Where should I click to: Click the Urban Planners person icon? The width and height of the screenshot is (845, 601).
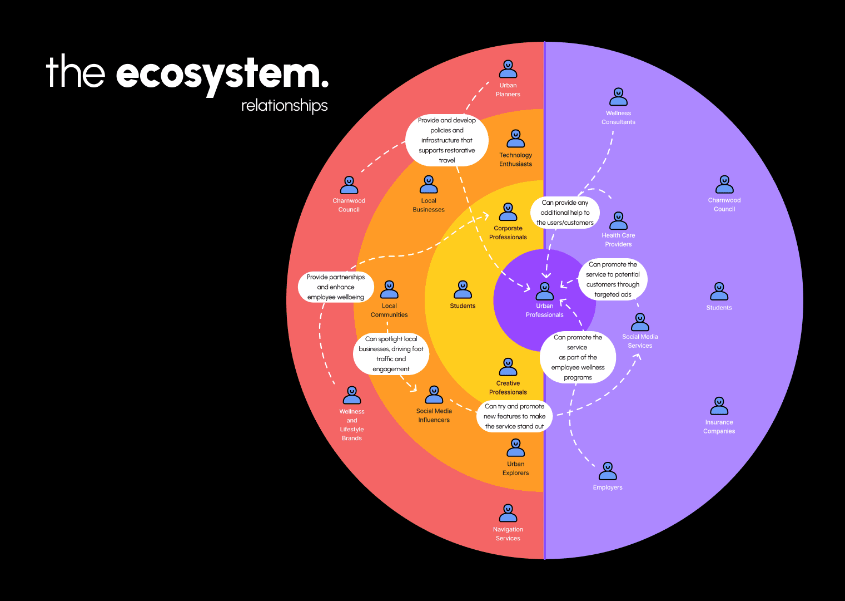(508, 70)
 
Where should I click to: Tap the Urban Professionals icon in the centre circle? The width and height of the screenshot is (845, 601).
(545, 292)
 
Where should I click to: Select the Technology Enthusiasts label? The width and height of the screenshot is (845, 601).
(515, 160)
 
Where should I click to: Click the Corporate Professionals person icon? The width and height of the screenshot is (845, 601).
(508, 212)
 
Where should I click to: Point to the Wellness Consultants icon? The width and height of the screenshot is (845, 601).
(618, 97)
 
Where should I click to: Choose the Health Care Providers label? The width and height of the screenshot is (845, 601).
(618, 240)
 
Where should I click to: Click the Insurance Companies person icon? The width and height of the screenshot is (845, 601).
(719, 406)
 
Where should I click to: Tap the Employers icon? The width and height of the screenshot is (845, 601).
(608, 471)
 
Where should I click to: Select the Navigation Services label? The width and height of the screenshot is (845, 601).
(508, 534)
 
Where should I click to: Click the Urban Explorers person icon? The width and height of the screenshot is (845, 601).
(516, 448)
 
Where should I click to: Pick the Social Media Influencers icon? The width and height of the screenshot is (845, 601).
(434, 395)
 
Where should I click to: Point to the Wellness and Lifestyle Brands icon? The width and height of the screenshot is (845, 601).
(352, 396)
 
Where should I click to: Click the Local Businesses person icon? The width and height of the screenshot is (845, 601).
(429, 185)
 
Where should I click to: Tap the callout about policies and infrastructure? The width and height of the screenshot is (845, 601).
(447, 140)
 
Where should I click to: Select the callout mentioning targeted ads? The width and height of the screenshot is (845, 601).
(613, 279)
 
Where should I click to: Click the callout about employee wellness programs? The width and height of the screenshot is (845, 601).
(578, 357)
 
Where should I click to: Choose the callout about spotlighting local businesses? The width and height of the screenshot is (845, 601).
(391, 354)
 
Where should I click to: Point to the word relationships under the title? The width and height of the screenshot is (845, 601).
(284, 106)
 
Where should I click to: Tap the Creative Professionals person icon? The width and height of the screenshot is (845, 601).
(508, 367)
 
